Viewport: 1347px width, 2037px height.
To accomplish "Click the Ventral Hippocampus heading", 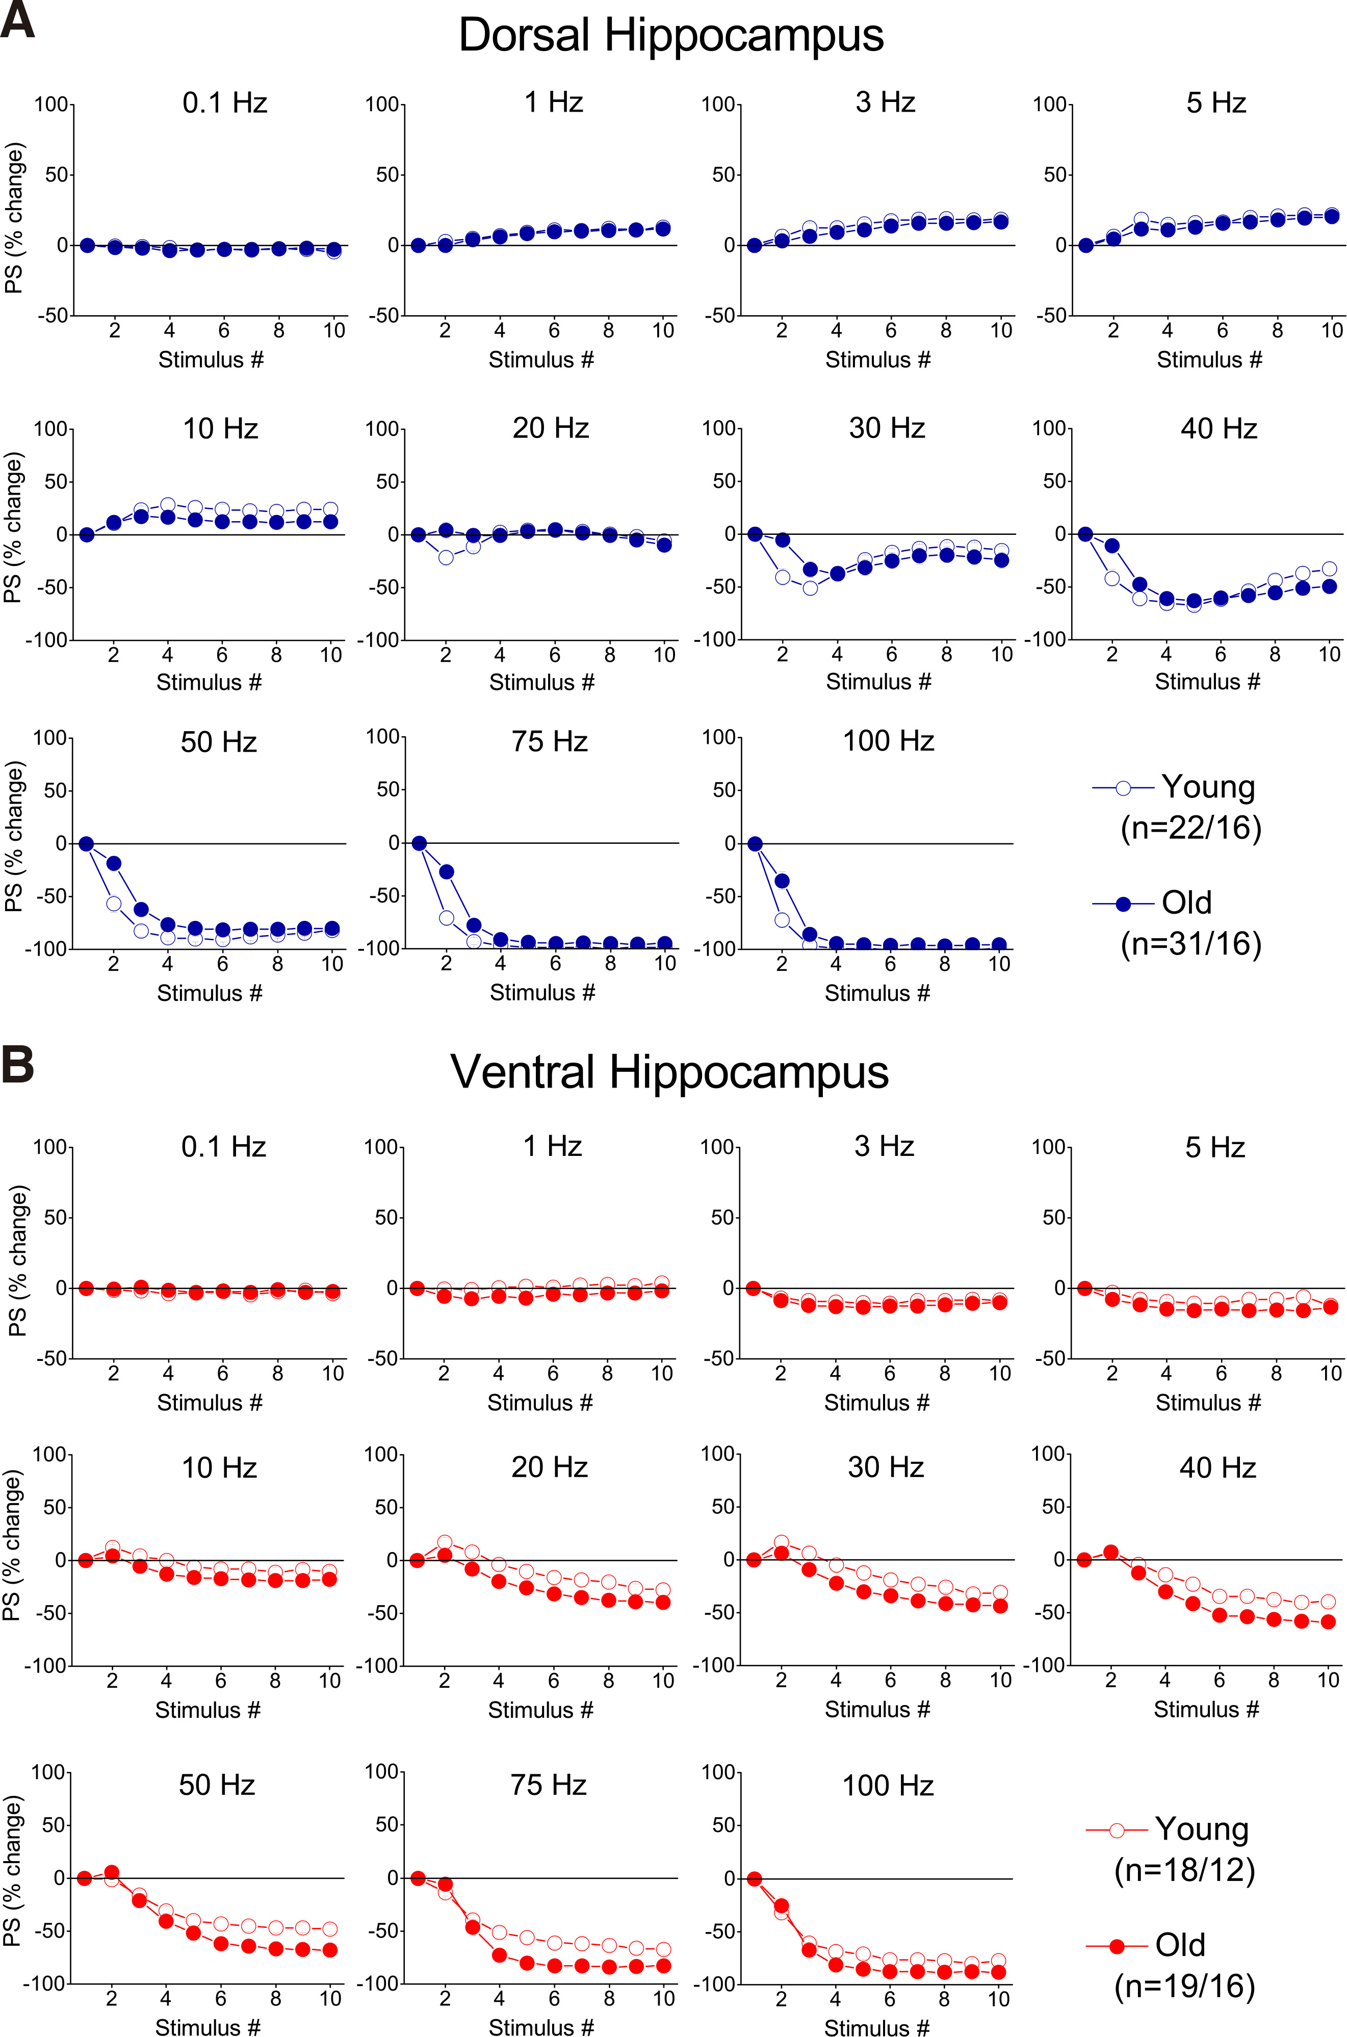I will coord(669,1072).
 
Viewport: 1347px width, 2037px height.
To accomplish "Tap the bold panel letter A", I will coord(17,20).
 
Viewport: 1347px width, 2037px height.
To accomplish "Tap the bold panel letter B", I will coord(17,1065).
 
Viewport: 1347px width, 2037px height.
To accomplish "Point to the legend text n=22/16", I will coord(1190,828).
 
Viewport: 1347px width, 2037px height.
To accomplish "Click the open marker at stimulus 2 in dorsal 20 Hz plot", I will coord(445,558).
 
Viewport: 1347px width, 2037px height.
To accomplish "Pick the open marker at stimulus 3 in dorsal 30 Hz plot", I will coord(809,588).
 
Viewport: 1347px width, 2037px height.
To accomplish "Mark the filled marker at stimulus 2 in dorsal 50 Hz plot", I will coord(113,863).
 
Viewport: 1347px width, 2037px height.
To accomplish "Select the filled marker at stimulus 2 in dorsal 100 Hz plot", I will coord(782,881).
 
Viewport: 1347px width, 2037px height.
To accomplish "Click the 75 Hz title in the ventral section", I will coord(548,1785).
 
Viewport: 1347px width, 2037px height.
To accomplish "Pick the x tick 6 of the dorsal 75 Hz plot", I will coord(555,964).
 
